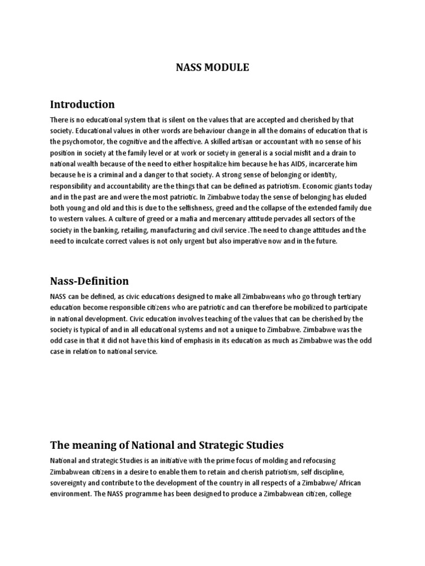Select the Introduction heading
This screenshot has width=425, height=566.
pyautogui.click(x=82, y=104)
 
